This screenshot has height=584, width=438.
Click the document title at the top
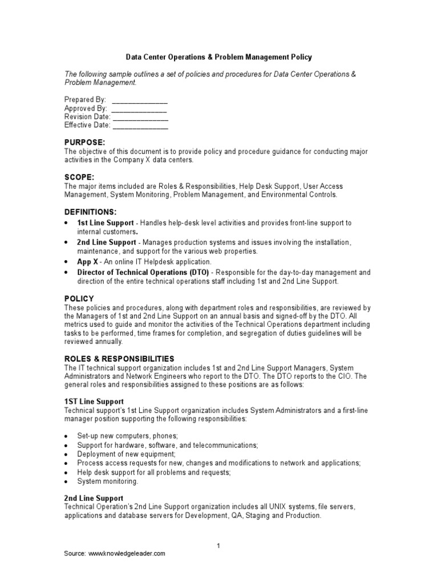pos(218,58)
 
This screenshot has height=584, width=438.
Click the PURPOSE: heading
pos(84,142)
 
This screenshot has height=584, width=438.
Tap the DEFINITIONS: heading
pos(90,212)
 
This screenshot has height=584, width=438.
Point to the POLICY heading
pos(79,298)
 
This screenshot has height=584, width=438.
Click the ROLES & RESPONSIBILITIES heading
pos(119,359)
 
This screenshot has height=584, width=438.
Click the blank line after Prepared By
pos(140,99)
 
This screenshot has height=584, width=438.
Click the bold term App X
pos(87,261)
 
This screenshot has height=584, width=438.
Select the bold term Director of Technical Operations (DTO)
pos(143,272)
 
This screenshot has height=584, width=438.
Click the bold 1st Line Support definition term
pos(106,222)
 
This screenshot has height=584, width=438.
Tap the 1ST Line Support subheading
pos(94,402)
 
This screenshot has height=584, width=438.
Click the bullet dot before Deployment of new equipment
pos(67,454)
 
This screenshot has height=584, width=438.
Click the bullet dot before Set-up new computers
pos(67,436)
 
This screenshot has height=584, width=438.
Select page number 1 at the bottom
pos(218,546)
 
